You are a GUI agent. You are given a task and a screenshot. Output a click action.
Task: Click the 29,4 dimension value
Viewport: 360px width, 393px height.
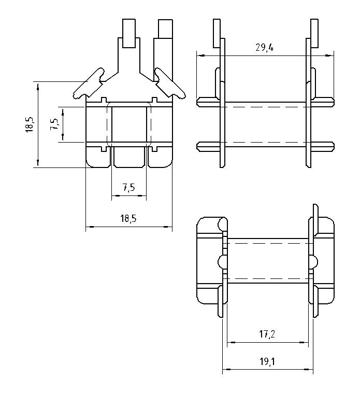pyautogui.click(x=264, y=47)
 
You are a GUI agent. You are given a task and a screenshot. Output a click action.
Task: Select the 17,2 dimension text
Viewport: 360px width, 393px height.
pyautogui.click(x=267, y=334)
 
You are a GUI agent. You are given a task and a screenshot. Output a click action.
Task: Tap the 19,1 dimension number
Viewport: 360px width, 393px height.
pyautogui.click(x=267, y=362)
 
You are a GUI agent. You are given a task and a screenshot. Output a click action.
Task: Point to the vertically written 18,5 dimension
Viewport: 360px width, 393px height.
pyautogui.click(x=30, y=124)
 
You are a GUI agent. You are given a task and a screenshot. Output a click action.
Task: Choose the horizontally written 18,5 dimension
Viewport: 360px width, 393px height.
pyautogui.click(x=128, y=219)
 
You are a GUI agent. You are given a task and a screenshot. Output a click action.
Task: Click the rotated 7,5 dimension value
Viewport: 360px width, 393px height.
pyautogui.click(x=54, y=124)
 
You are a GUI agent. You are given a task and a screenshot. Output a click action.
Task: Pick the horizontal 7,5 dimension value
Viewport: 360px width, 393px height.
pyautogui.click(x=128, y=187)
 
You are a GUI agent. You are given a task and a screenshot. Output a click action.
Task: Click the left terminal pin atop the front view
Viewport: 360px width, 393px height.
pyautogui.click(x=129, y=33)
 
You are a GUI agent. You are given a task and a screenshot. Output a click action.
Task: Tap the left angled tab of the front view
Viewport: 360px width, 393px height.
pyautogui.click(x=89, y=83)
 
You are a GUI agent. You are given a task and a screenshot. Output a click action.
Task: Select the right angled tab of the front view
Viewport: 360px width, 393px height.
pyautogui.click(x=170, y=83)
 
